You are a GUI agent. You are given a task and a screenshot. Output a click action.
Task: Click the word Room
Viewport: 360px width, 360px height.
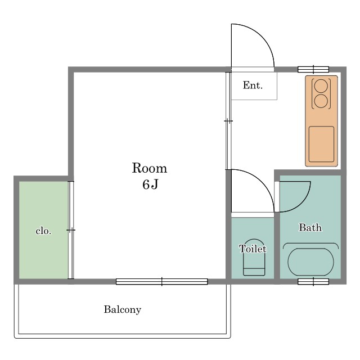tap(150, 168)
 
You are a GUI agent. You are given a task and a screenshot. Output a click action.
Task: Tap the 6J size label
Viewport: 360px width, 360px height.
tap(150, 184)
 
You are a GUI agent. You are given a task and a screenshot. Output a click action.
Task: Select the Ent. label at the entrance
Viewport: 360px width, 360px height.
tap(253, 85)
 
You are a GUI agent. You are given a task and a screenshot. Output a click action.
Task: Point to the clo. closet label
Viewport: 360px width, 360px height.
tap(43, 231)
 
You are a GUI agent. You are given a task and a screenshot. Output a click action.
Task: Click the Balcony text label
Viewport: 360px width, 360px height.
tap(123, 310)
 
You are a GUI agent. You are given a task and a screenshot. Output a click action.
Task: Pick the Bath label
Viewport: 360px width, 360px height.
tap(310, 227)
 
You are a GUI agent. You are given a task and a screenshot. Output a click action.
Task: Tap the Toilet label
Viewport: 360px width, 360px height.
tap(253, 249)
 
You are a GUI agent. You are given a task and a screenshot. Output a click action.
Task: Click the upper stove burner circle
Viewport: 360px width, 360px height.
tap(321, 85)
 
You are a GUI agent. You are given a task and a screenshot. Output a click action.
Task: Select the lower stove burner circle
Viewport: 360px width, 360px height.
tap(321, 101)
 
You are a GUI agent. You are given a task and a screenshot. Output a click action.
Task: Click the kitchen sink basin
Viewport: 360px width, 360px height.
tap(321, 144)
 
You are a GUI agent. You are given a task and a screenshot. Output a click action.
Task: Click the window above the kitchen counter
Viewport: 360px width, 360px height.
tap(313, 69)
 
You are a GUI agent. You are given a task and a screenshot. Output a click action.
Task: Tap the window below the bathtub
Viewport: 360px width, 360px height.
tap(313, 281)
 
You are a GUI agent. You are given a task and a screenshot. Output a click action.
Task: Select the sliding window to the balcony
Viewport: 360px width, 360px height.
tap(161, 281)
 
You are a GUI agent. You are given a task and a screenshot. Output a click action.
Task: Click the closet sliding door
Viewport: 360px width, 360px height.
tap(71, 230)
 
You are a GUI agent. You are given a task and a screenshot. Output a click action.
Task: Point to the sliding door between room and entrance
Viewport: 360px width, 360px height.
tap(228, 121)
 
